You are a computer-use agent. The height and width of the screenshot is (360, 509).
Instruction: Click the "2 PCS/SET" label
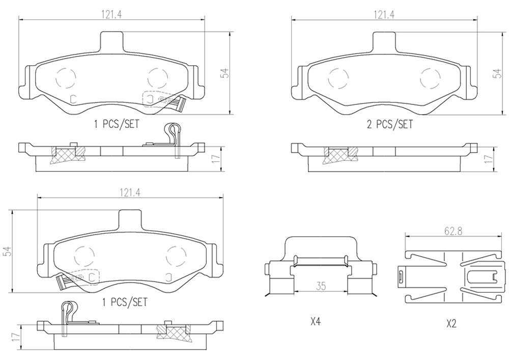389,124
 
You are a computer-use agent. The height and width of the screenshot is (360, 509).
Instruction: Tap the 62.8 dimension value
453,231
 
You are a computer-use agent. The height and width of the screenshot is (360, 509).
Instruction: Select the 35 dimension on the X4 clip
321,286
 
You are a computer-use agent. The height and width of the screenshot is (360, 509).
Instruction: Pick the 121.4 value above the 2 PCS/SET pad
385,15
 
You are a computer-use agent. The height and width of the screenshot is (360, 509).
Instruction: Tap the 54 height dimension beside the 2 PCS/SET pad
497,73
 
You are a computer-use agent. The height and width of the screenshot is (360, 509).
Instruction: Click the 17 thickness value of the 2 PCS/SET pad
489,159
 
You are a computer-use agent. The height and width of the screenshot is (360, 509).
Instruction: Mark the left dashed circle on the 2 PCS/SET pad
338,78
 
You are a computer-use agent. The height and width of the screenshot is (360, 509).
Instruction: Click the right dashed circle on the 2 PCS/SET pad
430,78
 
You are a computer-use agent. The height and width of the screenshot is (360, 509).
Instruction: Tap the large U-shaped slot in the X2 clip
481,278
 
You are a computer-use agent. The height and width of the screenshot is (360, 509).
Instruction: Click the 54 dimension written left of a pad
7,251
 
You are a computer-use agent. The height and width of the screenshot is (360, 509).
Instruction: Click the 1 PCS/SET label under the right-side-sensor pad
116,123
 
